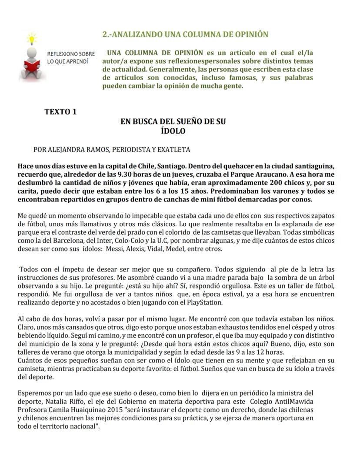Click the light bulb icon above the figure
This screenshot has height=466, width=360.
click(31, 38)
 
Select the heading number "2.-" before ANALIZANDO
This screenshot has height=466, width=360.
click(107, 34)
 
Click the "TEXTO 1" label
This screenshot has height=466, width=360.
click(60, 112)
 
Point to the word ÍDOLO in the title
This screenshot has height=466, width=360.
click(173, 131)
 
